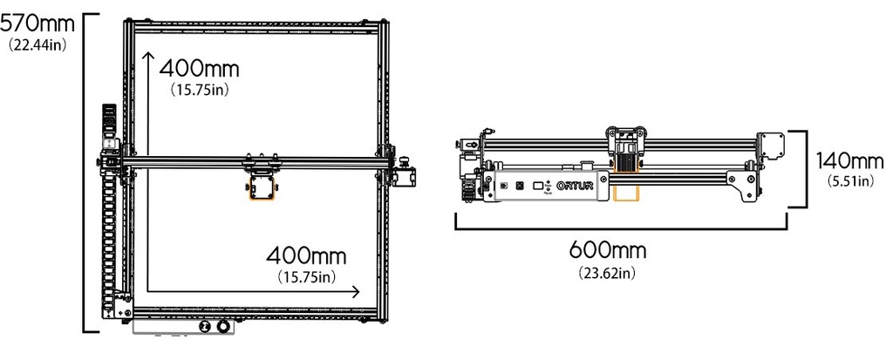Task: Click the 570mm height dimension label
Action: [x=36, y=23]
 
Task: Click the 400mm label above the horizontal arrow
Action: [x=305, y=256]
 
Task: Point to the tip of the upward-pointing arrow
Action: [x=149, y=55]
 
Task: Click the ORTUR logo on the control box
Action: [x=576, y=186]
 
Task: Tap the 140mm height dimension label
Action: [x=849, y=160]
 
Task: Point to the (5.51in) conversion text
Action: [x=849, y=181]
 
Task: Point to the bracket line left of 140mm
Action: [x=801, y=169]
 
